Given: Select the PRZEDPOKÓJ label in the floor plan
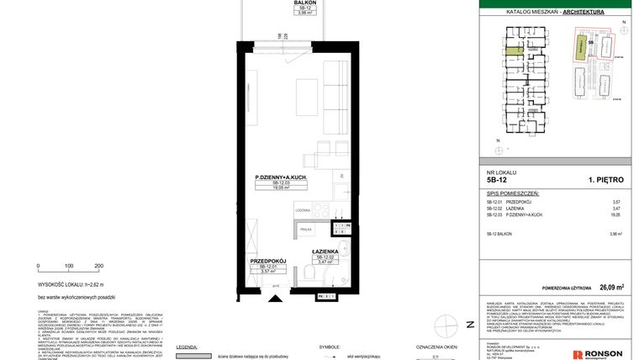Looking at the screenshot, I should click(x=269, y=261).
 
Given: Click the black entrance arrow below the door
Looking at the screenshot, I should click(x=275, y=295).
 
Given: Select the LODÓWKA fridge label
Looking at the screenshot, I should click(x=304, y=209).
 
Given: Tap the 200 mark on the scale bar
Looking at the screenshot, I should click(x=98, y=266).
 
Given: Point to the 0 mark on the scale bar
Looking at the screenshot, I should click(x=39, y=266).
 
